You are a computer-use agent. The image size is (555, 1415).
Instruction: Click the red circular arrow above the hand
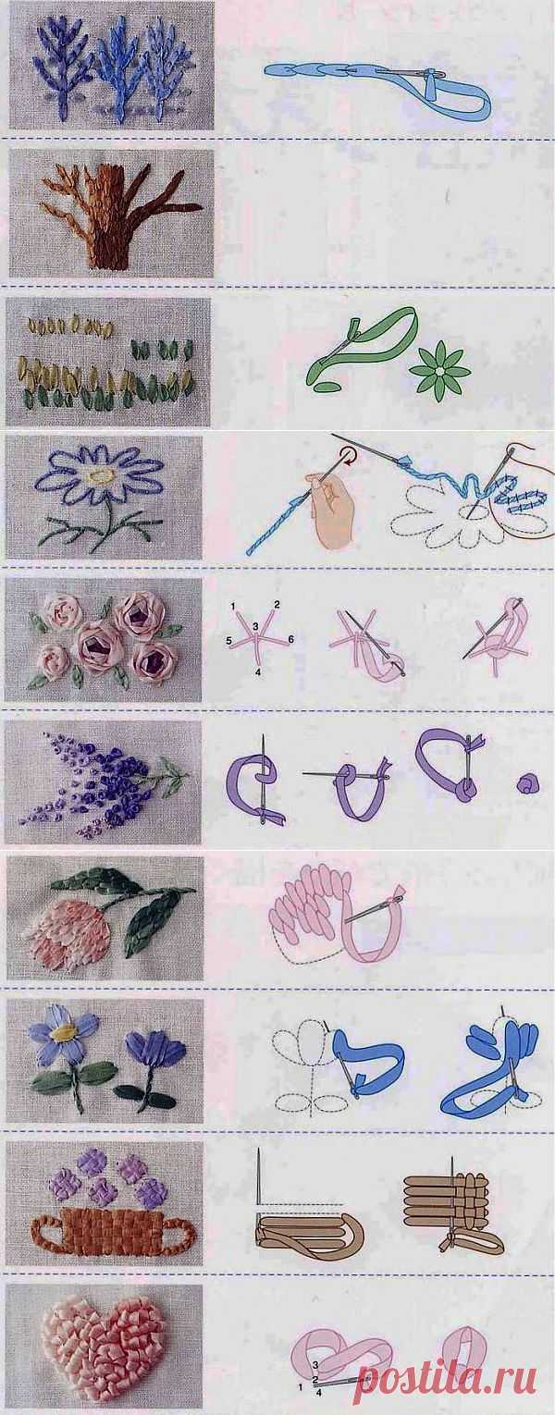point(346,455)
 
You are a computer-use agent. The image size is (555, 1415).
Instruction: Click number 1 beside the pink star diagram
point(233,607)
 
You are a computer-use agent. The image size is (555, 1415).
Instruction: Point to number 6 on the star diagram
point(290,640)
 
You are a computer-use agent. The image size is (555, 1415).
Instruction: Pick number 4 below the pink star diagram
point(258,672)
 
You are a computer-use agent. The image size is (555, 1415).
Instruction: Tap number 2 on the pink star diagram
point(277,605)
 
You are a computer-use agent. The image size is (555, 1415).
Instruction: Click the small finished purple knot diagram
point(525,784)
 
